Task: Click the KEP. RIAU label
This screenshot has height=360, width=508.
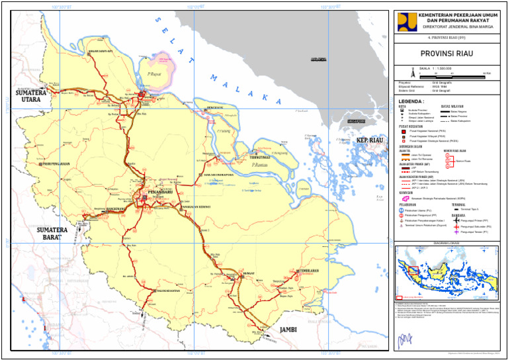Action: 370,142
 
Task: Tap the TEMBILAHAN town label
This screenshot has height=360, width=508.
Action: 316,271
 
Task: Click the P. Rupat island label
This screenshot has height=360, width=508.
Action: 155,65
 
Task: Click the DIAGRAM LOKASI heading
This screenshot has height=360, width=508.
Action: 448,243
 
